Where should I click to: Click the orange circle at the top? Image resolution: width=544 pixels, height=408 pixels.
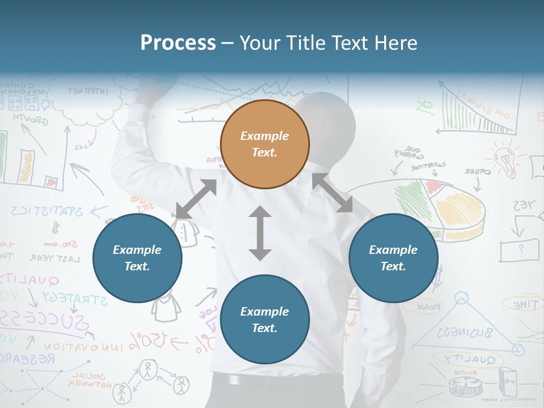click(x=265, y=144)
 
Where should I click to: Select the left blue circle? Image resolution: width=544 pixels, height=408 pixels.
click(x=137, y=258)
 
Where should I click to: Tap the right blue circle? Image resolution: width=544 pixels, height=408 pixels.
click(x=393, y=258)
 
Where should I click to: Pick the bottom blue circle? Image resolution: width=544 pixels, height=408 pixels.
click(x=265, y=320)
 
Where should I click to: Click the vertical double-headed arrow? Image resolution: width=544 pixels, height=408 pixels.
click(x=260, y=233)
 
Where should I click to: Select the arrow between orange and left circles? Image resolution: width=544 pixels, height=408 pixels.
click(x=196, y=199)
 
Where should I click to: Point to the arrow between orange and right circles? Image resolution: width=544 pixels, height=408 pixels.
click(x=333, y=193)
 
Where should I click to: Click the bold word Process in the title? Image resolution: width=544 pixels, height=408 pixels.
click(x=178, y=42)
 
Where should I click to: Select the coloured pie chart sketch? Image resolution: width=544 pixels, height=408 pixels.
click(x=448, y=207)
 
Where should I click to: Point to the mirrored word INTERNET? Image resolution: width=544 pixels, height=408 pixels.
click(x=88, y=91)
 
